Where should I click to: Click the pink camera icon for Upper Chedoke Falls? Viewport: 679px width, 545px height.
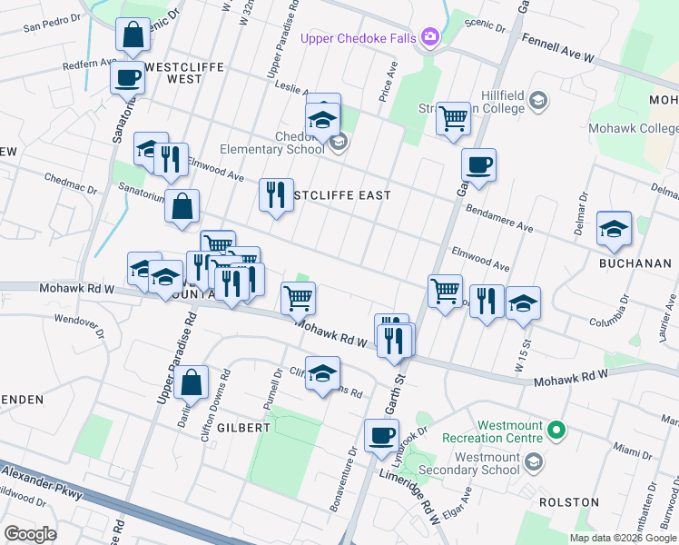point(429,36)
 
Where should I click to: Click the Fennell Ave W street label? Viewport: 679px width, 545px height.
point(557,49)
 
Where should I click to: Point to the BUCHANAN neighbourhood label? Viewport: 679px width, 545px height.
point(635,263)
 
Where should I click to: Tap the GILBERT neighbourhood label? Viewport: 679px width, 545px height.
point(243,427)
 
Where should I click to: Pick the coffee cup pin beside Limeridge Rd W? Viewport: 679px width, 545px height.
point(381,435)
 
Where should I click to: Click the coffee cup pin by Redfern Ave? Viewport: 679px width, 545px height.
point(127,76)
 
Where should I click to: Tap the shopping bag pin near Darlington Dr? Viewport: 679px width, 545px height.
point(193,382)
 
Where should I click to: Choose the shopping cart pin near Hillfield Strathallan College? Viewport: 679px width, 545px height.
point(452,118)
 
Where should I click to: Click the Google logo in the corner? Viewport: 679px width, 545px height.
point(31,534)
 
